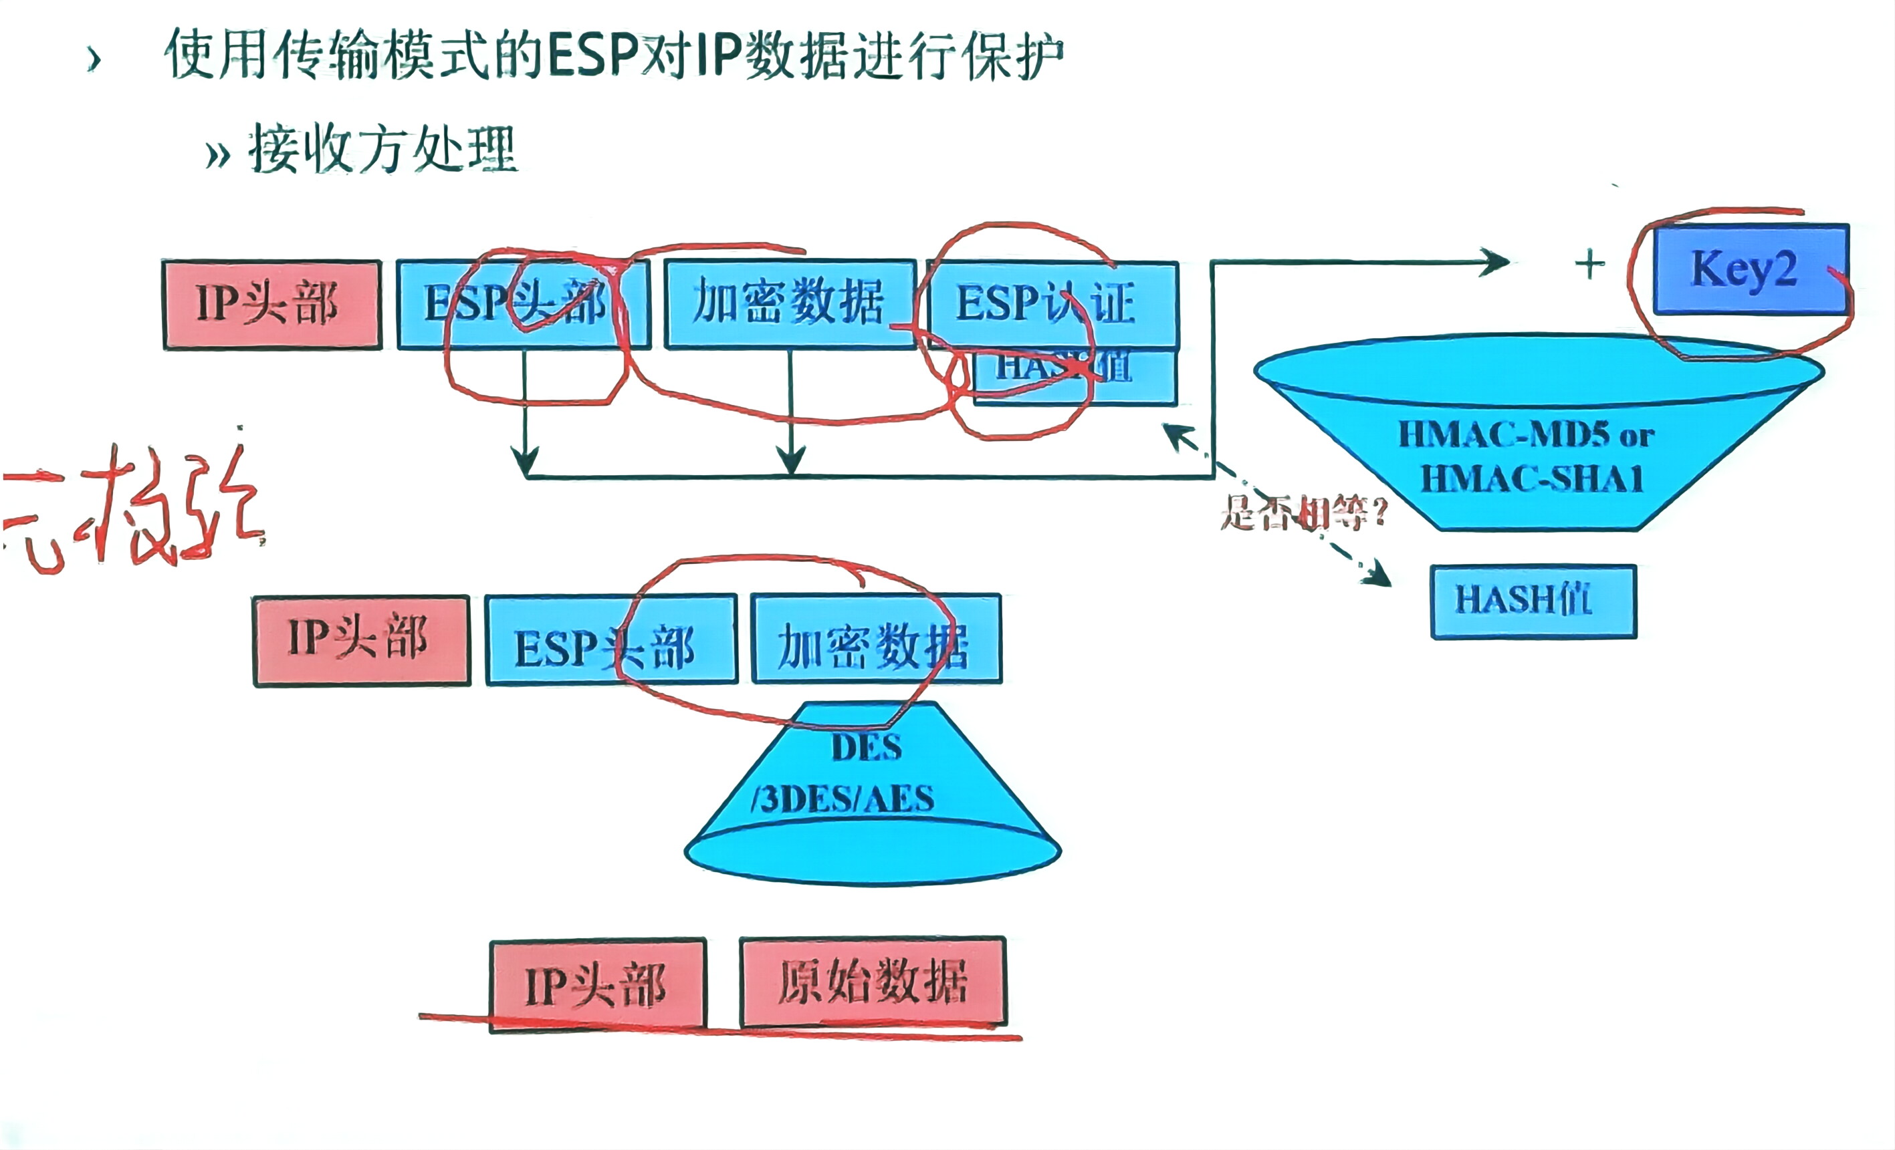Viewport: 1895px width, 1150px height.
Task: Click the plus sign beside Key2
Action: [x=1589, y=265]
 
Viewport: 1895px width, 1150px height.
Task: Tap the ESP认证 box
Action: [x=1052, y=303]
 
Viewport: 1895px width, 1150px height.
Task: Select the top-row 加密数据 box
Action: [x=790, y=303]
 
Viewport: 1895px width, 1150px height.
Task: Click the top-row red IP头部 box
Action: [x=272, y=305]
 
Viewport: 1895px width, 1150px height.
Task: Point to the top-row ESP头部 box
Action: [x=523, y=305]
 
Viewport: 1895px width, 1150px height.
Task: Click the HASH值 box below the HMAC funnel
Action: [x=1533, y=601]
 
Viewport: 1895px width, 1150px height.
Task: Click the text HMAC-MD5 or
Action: [x=1526, y=435]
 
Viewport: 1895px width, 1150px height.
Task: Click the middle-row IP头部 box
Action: [x=362, y=640]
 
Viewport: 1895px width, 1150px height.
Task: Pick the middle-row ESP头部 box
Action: [x=611, y=640]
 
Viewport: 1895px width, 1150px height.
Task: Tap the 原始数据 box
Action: [x=873, y=982]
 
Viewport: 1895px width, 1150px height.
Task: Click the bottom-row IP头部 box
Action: [x=598, y=985]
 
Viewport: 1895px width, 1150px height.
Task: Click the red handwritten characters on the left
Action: [x=134, y=511]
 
